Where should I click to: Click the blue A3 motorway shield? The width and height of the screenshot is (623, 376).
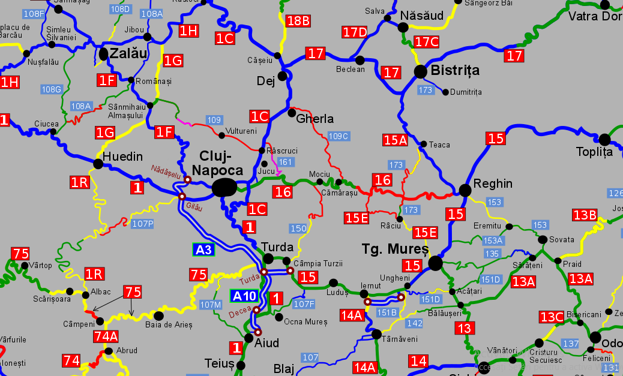(203, 249)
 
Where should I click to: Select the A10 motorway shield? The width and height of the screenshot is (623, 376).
(244, 296)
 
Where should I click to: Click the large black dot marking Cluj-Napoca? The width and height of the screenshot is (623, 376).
(224, 188)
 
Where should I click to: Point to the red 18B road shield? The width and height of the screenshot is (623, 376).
(298, 21)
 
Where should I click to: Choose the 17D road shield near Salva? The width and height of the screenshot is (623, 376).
(355, 32)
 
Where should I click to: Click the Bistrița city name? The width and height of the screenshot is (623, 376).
(455, 71)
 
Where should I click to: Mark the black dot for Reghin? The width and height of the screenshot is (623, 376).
(465, 190)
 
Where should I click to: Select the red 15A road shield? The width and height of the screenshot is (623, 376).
(396, 140)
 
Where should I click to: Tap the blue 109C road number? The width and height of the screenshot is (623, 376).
(338, 136)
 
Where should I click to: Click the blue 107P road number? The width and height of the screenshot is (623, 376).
(142, 224)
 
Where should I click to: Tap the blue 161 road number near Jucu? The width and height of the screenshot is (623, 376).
(286, 163)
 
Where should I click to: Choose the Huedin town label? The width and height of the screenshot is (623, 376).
(122, 157)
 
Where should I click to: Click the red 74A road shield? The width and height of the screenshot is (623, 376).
(106, 336)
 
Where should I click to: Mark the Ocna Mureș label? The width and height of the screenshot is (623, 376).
(305, 322)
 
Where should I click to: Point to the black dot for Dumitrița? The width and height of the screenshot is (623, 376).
(445, 92)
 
